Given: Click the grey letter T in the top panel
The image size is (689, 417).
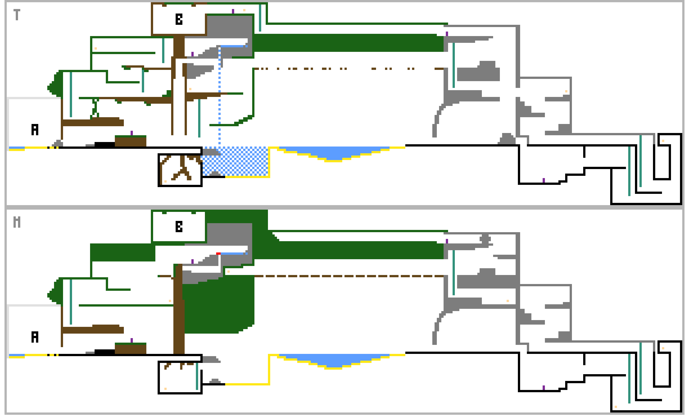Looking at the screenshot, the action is point(17,15).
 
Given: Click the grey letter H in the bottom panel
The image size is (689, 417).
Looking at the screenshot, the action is point(17,222).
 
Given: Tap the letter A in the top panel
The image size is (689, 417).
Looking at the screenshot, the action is point(35,130).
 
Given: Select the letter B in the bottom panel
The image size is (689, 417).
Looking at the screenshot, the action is point(179,227).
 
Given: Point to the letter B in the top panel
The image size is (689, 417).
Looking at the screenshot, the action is point(179,19).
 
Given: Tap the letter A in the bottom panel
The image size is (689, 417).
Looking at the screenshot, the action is point(35,337).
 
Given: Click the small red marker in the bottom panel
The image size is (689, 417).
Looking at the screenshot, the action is point(218,254).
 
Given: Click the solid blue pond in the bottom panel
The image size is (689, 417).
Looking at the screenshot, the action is point(334,360).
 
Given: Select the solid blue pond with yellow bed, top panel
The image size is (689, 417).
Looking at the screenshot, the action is point(334,153).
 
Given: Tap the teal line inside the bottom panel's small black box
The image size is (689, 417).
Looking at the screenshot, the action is point(197,376).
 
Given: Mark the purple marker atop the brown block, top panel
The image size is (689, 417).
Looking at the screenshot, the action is point(132,133).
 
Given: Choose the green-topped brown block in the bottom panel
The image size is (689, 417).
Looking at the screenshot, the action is point(131,348).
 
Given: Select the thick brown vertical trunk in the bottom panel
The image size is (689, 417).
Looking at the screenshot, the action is point(179,309).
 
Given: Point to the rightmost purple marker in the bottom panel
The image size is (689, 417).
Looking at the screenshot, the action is point(544,388).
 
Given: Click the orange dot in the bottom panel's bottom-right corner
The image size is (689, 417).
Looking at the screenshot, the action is point(616,407).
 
